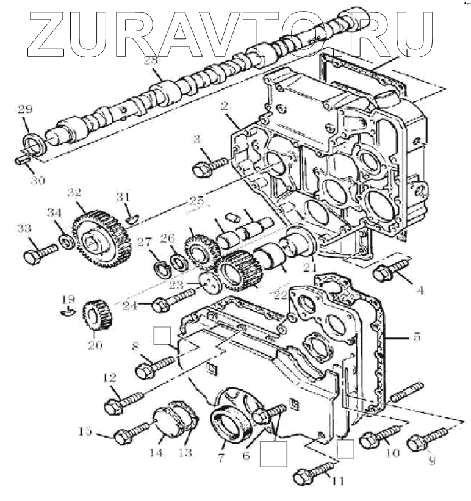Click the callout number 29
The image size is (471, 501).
click(24, 110)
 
